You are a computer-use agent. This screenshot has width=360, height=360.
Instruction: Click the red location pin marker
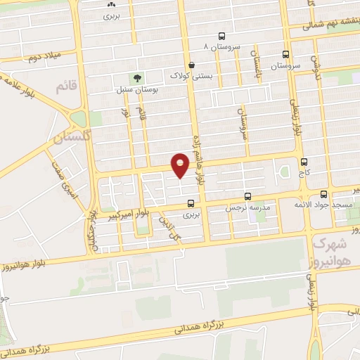(180, 165)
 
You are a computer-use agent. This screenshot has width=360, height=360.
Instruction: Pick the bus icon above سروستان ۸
(222, 35)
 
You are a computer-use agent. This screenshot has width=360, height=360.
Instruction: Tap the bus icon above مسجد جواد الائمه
(323, 192)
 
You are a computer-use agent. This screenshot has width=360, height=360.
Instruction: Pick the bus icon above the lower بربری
(191, 204)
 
